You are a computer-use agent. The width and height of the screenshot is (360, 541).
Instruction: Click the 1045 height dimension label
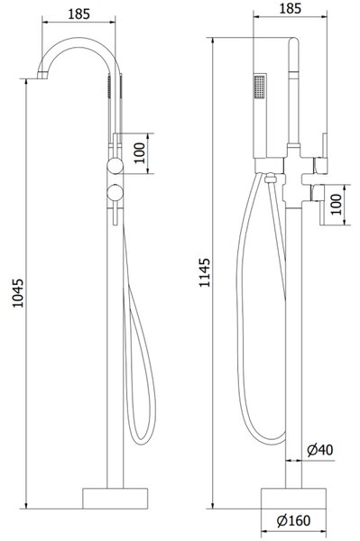point(17,293)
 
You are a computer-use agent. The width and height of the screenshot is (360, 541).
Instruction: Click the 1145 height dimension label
point(204,272)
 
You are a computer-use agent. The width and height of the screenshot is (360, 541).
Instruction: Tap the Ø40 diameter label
point(320,450)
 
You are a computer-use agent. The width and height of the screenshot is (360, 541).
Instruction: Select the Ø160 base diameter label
point(294,520)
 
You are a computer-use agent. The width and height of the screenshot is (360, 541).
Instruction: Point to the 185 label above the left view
point(78,14)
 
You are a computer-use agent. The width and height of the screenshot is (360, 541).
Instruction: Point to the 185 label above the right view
point(290,8)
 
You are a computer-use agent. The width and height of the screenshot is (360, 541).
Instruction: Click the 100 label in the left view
point(139,153)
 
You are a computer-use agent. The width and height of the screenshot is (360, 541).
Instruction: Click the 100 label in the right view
point(336,205)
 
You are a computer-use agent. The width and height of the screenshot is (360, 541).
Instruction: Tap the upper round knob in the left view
point(115,165)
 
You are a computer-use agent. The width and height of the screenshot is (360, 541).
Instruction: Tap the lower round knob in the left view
point(115,193)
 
